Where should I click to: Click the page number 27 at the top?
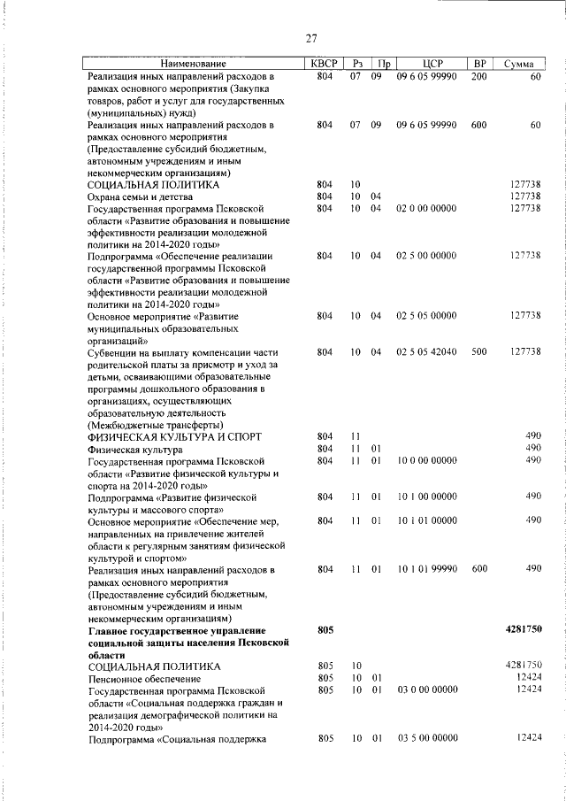(x=311, y=37)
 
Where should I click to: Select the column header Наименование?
(x=193, y=64)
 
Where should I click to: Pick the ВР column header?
(x=479, y=64)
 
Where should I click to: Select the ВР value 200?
(x=478, y=77)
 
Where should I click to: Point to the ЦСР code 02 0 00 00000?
(x=426, y=208)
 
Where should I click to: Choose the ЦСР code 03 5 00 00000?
(x=426, y=737)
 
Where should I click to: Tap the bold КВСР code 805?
(x=324, y=629)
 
